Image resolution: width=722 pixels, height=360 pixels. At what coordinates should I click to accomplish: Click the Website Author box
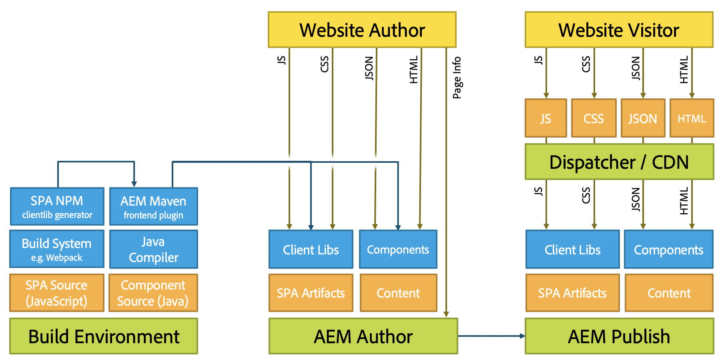coord(362,30)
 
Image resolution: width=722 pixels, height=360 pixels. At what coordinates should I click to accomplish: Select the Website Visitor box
coord(619,30)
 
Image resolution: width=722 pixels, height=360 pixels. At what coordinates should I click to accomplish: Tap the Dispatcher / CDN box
coord(619,162)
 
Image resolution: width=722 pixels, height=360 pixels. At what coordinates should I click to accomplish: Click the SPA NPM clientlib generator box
coord(57,206)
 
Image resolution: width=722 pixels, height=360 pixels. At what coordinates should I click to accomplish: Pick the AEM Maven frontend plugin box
coord(153,206)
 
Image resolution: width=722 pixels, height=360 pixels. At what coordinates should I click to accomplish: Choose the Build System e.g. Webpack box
coord(57,249)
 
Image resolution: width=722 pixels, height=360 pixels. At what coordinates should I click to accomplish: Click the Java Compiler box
coord(153,249)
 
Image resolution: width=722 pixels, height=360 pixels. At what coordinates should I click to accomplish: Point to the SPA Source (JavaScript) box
coord(57,293)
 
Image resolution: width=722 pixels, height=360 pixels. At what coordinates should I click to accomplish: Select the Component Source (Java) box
coord(153,293)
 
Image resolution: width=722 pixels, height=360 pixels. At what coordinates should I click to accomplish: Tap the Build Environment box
coord(104,336)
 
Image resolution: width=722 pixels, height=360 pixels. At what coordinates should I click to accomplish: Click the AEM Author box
coord(363,336)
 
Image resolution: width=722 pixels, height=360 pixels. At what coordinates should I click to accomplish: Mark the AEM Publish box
coord(619,336)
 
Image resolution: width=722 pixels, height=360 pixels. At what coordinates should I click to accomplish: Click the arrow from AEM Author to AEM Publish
coord(491,336)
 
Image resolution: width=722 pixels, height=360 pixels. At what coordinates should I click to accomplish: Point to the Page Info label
coord(457,78)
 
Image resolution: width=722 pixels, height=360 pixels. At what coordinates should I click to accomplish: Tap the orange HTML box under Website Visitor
coord(692,118)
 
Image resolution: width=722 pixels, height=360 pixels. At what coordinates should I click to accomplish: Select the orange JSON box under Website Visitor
coord(643,118)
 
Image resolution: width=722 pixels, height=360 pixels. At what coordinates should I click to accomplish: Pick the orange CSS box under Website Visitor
coord(594,118)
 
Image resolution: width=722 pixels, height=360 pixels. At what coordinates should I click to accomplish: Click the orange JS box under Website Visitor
coord(546,118)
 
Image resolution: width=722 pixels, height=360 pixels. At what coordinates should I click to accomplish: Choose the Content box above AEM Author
coord(398,293)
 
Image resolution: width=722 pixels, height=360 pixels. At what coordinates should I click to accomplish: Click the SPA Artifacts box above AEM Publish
coord(572,293)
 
